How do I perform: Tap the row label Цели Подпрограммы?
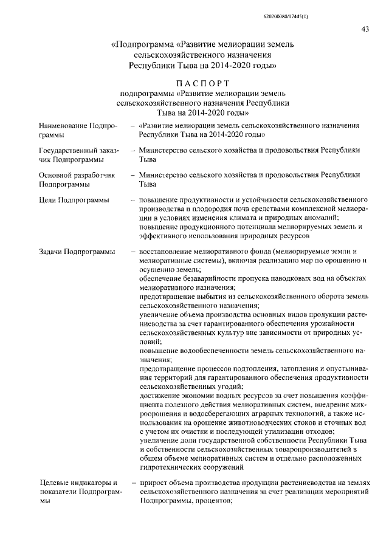point(74,200)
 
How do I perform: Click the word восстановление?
point(168,252)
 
